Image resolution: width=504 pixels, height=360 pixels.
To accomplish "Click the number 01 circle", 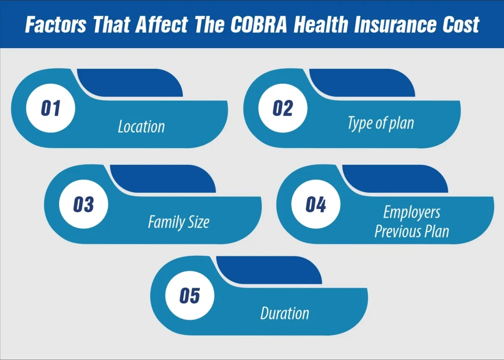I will click(x=50, y=108).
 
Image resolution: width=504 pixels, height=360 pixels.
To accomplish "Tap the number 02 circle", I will click(x=283, y=108).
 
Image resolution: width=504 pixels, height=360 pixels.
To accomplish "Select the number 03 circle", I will click(x=83, y=205).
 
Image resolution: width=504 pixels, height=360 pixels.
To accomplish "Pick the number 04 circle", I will click(x=315, y=205).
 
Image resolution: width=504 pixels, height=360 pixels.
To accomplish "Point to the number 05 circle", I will click(x=189, y=296).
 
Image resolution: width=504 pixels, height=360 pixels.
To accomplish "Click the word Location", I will click(x=141, y=127).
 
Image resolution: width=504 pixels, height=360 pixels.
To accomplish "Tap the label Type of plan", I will click(x=380, y=123).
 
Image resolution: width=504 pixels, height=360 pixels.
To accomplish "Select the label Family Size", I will click(x=179, y=222).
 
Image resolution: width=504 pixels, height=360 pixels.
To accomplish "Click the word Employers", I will click(x=411, y=212).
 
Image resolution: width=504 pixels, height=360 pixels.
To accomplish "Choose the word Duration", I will click(x=284, y=313).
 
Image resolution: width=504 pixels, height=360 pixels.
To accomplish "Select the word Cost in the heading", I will click(x=461, y=24).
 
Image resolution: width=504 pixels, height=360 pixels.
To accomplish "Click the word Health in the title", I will click(x=322, y=24).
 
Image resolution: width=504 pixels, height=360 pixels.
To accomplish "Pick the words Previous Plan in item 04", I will click(x=411, y=231).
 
